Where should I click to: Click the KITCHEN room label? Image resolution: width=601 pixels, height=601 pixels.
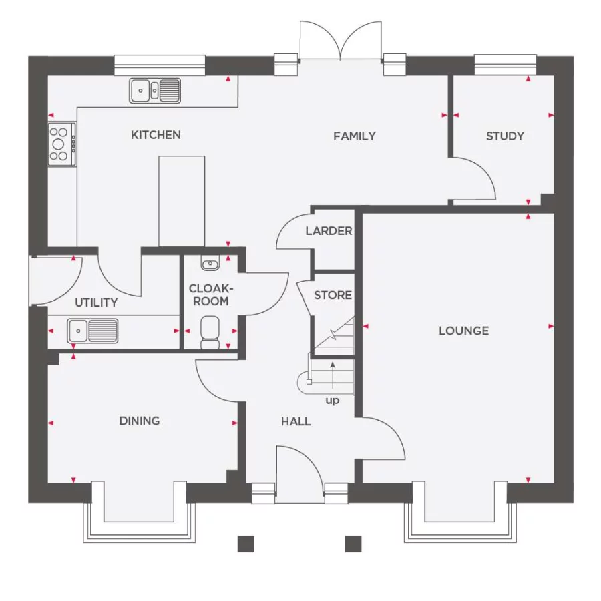(156, 135)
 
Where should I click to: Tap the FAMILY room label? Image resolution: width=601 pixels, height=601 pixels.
(355, 136)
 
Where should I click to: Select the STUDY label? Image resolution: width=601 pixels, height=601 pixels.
(505, 136)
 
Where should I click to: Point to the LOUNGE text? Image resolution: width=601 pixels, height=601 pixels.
(463, 331)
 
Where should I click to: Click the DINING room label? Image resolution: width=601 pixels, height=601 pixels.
(140, 421)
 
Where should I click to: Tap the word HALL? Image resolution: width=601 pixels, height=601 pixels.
(296, 421)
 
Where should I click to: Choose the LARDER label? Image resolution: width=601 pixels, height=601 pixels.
(329, 231)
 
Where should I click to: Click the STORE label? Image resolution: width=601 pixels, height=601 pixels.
(333, 295)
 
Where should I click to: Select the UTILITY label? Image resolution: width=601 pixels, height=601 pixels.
(96, 303)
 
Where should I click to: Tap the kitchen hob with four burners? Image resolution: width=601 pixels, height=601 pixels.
(61, 144)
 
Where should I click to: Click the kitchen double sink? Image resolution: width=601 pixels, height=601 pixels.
(156, 89)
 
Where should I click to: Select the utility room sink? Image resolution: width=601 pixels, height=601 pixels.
(93, 329)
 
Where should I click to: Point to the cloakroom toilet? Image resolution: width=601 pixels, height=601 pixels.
(210, 332)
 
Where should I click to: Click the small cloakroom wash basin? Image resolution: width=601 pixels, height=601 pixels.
(210, 264)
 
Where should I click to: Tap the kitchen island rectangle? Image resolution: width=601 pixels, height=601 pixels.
(181, 200)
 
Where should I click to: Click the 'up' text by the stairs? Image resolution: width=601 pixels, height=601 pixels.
(332, 401)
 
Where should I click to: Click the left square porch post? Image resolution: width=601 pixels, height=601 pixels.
(246, 544)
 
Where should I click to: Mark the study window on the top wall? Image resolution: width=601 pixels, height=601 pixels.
(505, 64)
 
